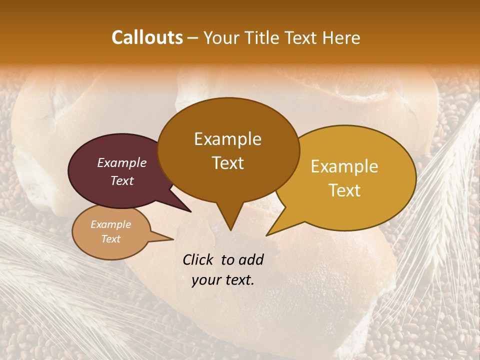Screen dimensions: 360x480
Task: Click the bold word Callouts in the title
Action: click(147, 37)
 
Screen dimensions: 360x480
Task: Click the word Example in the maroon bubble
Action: click(122, 163)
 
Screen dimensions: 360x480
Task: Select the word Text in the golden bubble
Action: click(344, 190)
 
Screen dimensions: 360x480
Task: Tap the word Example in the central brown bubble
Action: click(228, 139)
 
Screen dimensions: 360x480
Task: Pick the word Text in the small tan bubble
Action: click(111, 239)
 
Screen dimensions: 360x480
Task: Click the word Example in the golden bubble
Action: click(344, 166)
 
